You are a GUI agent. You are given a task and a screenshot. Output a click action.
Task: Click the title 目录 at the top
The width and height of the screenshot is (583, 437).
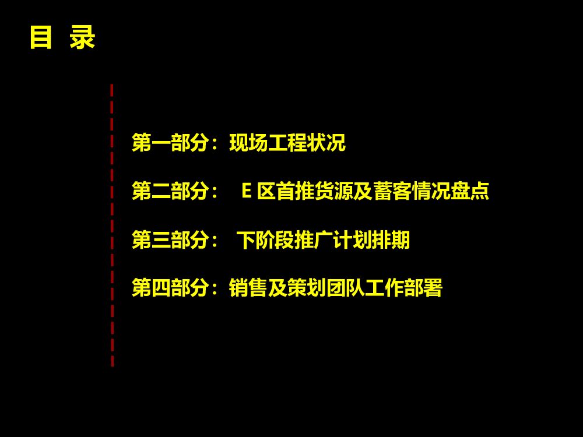coord(62,38)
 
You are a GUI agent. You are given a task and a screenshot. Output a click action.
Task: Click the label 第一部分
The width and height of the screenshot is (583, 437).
coord(170,143)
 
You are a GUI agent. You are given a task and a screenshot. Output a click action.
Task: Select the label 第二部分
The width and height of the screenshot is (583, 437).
coord(170,191)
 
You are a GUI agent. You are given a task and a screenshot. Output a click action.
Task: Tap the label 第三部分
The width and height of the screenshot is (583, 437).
coord(170,239)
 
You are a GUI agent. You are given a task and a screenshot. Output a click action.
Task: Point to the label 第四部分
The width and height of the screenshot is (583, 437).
coord(170,287)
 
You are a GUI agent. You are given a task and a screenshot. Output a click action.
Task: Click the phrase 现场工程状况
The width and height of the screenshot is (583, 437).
coord(287,143)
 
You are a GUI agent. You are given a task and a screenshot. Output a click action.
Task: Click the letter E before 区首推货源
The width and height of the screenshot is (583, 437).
coord(246,191)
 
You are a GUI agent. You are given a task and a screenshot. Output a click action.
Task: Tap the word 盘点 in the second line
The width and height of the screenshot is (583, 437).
coord(470,191)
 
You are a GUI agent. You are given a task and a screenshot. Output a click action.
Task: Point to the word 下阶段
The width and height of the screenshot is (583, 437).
coord(265,239)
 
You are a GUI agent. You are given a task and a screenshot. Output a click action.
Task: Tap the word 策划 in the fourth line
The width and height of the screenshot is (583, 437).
coord(306,287)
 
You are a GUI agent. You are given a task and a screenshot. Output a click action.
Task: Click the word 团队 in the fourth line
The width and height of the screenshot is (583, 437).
coord(345,287)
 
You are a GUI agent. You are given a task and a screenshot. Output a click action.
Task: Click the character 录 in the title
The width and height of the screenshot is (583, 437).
coord(82,38)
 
